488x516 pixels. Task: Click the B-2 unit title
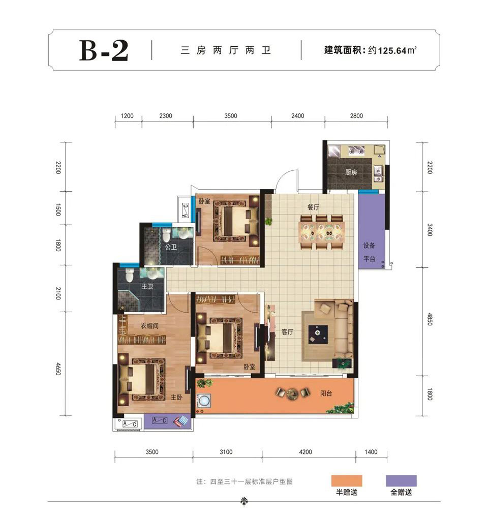104,50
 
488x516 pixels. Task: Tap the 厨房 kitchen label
351,172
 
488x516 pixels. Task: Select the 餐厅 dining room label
313,207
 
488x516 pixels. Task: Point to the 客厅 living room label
287,332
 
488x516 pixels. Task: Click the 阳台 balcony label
326,393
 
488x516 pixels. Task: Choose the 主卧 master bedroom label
176,398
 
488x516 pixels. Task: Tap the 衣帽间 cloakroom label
150,326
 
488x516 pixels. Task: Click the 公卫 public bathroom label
171,247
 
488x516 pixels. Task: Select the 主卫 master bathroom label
147,287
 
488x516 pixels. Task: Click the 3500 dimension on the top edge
231,116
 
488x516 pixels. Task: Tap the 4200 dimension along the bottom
306,452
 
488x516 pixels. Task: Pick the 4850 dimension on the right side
430,319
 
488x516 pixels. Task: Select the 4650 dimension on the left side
58,369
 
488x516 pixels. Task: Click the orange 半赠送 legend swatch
347,481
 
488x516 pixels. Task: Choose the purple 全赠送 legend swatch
401,481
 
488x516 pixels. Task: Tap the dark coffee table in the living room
318,335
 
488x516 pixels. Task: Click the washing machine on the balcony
204,401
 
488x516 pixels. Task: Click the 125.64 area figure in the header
392,51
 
